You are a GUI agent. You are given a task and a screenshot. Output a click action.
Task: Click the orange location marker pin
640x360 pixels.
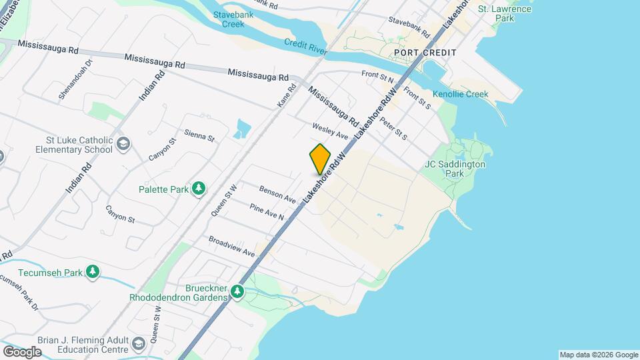(x=321, y=158)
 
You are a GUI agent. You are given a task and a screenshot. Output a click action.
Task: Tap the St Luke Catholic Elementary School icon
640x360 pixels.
(x=124, y=144)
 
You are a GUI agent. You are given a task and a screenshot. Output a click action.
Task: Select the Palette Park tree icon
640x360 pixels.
(x=199, y=189)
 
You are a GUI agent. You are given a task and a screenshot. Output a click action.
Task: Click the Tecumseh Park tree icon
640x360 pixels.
(x=93, y=272)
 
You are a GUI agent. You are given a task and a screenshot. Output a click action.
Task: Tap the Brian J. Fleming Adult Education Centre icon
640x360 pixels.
(x=139, y=344)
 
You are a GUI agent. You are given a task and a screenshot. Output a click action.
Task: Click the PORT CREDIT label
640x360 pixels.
(x=425, y=53)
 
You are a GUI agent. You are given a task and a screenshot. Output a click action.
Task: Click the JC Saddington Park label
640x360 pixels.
(x=455, y=169)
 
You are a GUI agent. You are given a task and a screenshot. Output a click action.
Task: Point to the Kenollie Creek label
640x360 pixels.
(x=461, y=94)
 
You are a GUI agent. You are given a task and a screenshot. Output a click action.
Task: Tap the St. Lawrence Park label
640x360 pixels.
(x=514, y=13)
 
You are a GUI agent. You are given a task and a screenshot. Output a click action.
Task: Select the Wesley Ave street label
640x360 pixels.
(x=330, y=131)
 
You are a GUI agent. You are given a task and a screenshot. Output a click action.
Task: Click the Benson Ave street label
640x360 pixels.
(x=277, y=195)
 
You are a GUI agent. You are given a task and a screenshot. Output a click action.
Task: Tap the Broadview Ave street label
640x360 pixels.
(x=231, y=247)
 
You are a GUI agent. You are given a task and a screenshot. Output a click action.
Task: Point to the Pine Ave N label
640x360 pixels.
(x=267, y=213)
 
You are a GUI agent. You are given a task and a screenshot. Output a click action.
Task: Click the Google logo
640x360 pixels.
(x=22, y=351)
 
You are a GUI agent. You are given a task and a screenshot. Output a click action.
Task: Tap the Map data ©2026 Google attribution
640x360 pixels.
(x=598, y=355)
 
